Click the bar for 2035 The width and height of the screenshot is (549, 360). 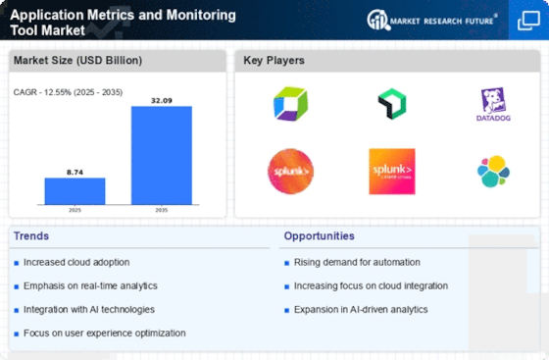162,156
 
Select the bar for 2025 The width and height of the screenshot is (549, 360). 75,191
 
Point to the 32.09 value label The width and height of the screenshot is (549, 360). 162,99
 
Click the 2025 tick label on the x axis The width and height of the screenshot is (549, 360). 75,211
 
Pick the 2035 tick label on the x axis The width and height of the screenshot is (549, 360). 162,211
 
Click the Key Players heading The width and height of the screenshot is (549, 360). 274,61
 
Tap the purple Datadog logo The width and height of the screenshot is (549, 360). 493,103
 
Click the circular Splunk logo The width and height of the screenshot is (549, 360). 290,171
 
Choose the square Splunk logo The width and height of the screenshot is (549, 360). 391,171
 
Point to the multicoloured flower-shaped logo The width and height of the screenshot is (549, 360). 493,171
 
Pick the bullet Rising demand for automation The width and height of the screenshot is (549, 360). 357,262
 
